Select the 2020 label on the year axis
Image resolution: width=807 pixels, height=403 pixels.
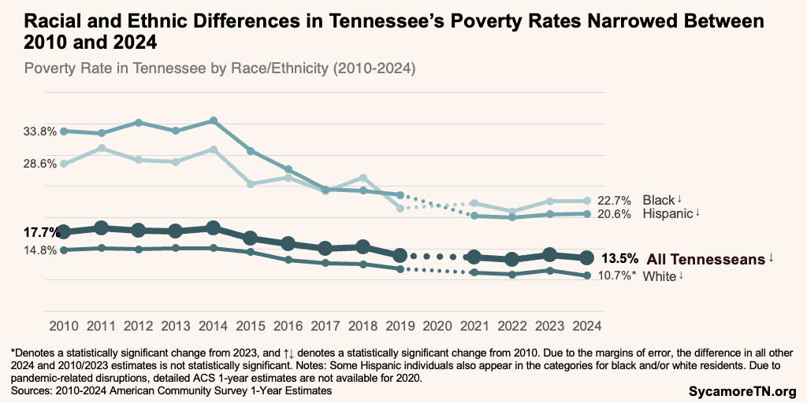pyautogui.click(x=437, y=325)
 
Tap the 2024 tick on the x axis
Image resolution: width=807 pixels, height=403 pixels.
pyautogui.click(x=586, y=325)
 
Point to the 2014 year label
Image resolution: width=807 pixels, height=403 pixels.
pyautogui.click(x=214, y=325)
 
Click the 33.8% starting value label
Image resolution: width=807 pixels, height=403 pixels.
pyautogui.click(x=38, y=131)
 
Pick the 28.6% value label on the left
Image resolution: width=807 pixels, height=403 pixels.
pyautogui.click(x=38, y=164)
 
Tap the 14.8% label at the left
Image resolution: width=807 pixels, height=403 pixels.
pyautogui.click(x=38, y=251)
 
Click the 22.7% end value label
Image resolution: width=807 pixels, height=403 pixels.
pyautogui.click(x=615, y=201)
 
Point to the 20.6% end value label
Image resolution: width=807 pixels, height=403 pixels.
pyautogui.click(x=615, y=214)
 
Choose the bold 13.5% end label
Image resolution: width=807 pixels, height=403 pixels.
pyautogui.click(x=619, y=258)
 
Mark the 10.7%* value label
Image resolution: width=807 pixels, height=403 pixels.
pyautogui.click(x=616, y=276)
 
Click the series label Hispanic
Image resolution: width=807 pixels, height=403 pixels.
pyautogui.click(x=668, y=214)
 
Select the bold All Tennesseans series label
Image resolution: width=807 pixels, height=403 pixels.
pyautogui.click(x=706, y=258)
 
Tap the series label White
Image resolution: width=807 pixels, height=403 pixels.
pyautogui.click(x=660, y=276)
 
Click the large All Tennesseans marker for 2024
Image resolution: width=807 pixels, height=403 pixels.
pyautogui.click(x=586, y=257)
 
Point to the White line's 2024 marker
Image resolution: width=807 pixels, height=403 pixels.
pyautogui.click(x=586, y=275)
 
